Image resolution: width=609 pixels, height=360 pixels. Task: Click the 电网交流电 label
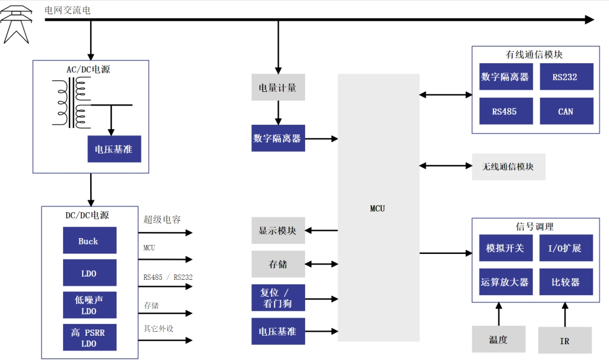pos(68,10)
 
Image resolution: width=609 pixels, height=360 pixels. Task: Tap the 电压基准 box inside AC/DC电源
pos(114,149)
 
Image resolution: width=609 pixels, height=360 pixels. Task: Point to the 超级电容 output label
pos(162,219)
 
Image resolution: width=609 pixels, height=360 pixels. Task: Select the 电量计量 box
pos(278,87)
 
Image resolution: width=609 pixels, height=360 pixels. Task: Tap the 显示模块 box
pos(278,230)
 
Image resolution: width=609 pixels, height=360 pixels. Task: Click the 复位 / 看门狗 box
pos(278,298)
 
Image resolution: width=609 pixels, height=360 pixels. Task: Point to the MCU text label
pos(377,208)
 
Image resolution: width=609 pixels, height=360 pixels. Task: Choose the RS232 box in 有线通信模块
pos(566,77)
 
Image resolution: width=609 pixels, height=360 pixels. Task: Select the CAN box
pos(566,111)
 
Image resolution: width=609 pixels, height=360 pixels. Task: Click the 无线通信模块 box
pos(508,166)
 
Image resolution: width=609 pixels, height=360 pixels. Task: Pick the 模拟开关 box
pos(505,248)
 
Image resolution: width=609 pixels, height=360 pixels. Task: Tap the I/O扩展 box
pos(565,248)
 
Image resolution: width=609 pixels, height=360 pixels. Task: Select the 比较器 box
pos(565,282)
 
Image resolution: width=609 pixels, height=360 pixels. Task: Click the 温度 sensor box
pos(498,339)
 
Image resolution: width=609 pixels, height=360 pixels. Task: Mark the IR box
pos(564,341)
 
